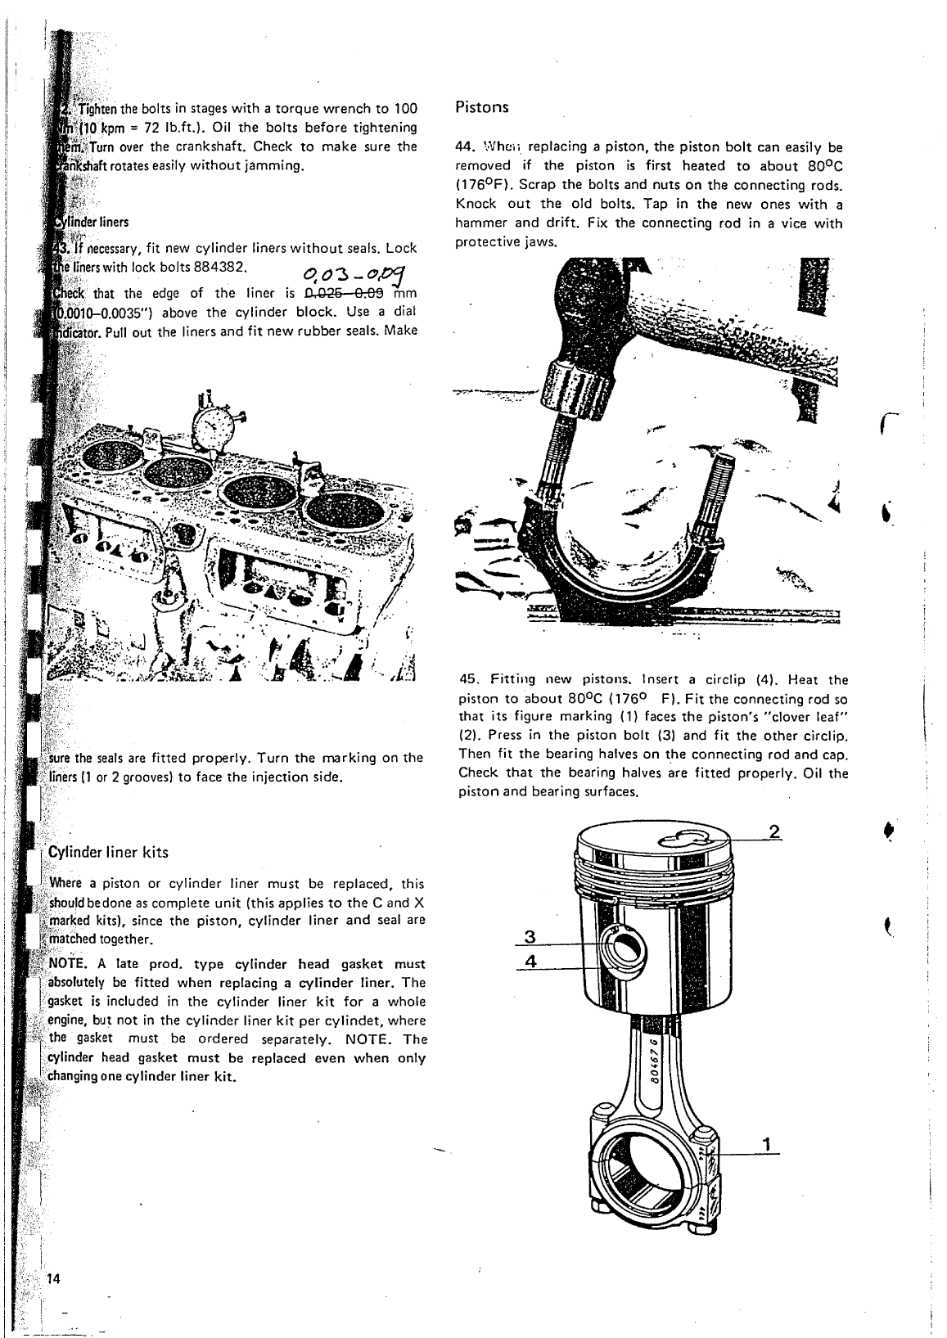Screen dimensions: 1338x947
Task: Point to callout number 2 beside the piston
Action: coord(773,832)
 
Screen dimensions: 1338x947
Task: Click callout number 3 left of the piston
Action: coord(530,937)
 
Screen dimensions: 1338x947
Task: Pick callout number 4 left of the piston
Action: coord(530,962)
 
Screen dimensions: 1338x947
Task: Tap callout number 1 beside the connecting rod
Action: coord(766,1144)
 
